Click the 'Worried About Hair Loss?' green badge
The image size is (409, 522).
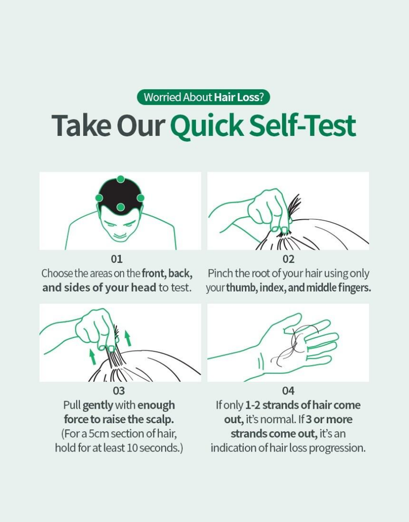(x=203, y=97)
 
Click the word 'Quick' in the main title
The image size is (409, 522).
(x=207, y=126)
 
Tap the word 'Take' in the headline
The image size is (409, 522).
(x=81, y=125)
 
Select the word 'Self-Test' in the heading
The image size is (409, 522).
(x=302, y=125)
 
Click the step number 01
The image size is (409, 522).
(x=116, y=258)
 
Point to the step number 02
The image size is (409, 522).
(x=288, y=258)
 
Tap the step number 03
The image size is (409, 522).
(x=119, y=390)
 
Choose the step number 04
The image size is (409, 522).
(x=288, y=390)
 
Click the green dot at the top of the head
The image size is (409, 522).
(x=120, y=179)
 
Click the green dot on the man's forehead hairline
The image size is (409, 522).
(x=120, y=207)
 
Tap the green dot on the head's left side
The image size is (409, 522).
(x=99, y=198)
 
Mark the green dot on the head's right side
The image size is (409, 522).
(x=140, y=198)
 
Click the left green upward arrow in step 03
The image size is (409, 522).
(x=93, y=357)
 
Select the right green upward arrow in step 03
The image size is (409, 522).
(x=128, y=338)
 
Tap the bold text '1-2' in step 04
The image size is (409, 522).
(x=252, y=405)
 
